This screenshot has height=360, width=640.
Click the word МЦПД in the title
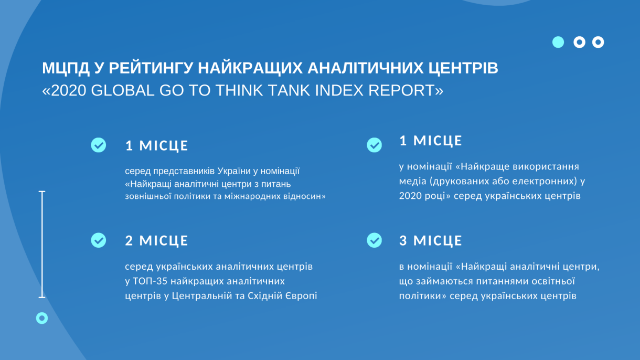[66, 68]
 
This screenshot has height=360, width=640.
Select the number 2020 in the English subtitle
[68, 90]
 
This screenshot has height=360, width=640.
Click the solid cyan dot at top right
[558, 43]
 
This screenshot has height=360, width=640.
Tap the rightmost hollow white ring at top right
[598, 43]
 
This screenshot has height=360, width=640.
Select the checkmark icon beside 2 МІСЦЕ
[99, 240]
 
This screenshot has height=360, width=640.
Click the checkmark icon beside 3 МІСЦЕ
[374, 240]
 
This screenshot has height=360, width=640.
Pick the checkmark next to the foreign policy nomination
[99, 145]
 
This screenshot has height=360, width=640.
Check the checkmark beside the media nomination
[374, 145]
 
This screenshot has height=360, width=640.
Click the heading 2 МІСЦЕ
[156, 240]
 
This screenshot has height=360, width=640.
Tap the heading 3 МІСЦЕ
[431, 240]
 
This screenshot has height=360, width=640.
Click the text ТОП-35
[150, 281]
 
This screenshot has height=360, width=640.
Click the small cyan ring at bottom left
[42, 318]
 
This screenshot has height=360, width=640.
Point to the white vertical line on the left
[42, 245]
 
